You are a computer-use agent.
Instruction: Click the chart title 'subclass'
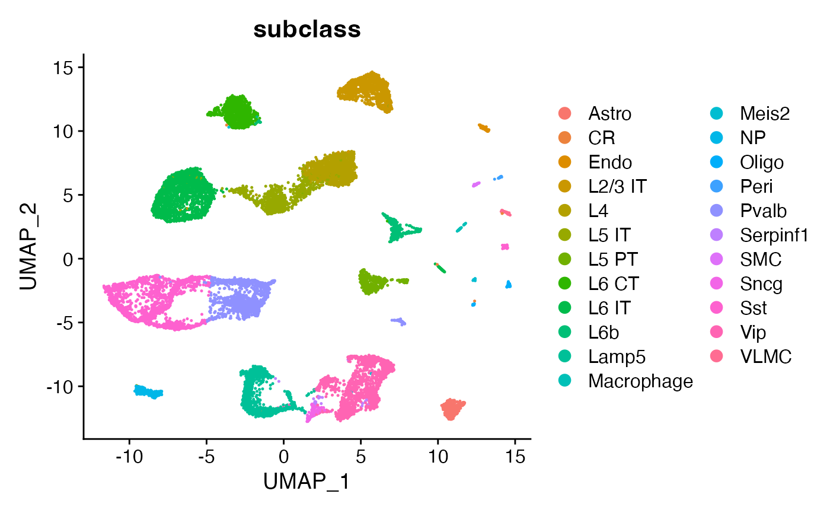tap(307, 30)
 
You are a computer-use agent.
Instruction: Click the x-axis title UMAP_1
tap(307, 482)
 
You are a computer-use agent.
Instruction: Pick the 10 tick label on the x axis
tap(438, 457)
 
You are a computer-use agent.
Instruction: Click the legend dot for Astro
tap(565, 113)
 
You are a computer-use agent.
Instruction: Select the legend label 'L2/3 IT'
tap(617, 186)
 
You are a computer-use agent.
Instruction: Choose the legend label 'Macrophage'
tap(640, 381)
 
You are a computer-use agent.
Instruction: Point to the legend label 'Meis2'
tap(765, 113)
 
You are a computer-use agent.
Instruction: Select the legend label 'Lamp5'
tap(617, 356)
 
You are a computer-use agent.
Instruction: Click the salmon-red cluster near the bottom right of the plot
tap(452, 409)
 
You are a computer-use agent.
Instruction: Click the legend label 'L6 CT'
tap(613, 283)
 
